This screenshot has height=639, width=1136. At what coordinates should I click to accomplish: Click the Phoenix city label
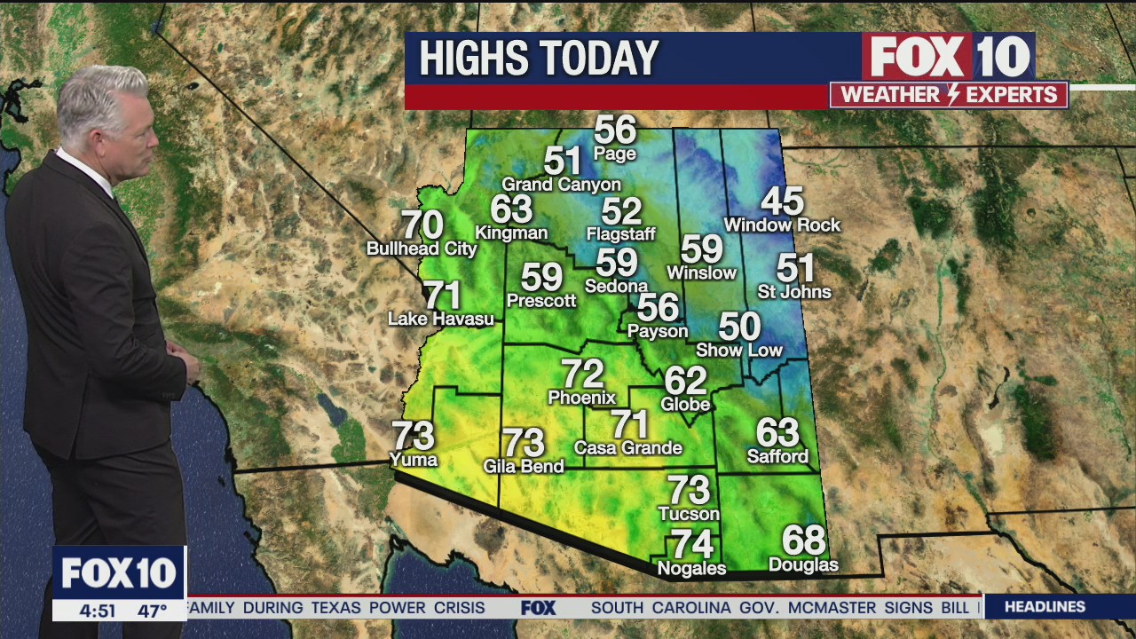click(581, 398)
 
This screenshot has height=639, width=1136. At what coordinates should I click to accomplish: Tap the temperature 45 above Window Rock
click(782, 201)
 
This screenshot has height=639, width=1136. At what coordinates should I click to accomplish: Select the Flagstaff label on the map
click(620, 234)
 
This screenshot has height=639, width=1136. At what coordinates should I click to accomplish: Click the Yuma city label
click(414, 459)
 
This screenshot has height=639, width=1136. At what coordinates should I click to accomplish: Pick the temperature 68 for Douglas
click(803, 540)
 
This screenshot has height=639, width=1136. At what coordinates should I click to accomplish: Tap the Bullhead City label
click(422, 248)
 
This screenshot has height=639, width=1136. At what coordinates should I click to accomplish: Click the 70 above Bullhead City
click(422, 225)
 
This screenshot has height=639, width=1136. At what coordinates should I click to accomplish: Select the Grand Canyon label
click(561, 185)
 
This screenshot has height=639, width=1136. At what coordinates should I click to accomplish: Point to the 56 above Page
click(615, 130)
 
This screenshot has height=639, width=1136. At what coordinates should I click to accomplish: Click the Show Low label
click(738, 350)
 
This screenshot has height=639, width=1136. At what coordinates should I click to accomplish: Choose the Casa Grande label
click(627, 447)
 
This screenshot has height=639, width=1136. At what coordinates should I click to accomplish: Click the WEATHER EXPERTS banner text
click(948, 95)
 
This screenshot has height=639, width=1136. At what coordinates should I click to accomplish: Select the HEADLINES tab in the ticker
click(1045, 607)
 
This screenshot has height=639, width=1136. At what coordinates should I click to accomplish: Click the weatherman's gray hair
click(102, 98)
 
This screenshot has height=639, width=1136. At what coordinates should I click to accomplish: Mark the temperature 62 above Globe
click(685, 381)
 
